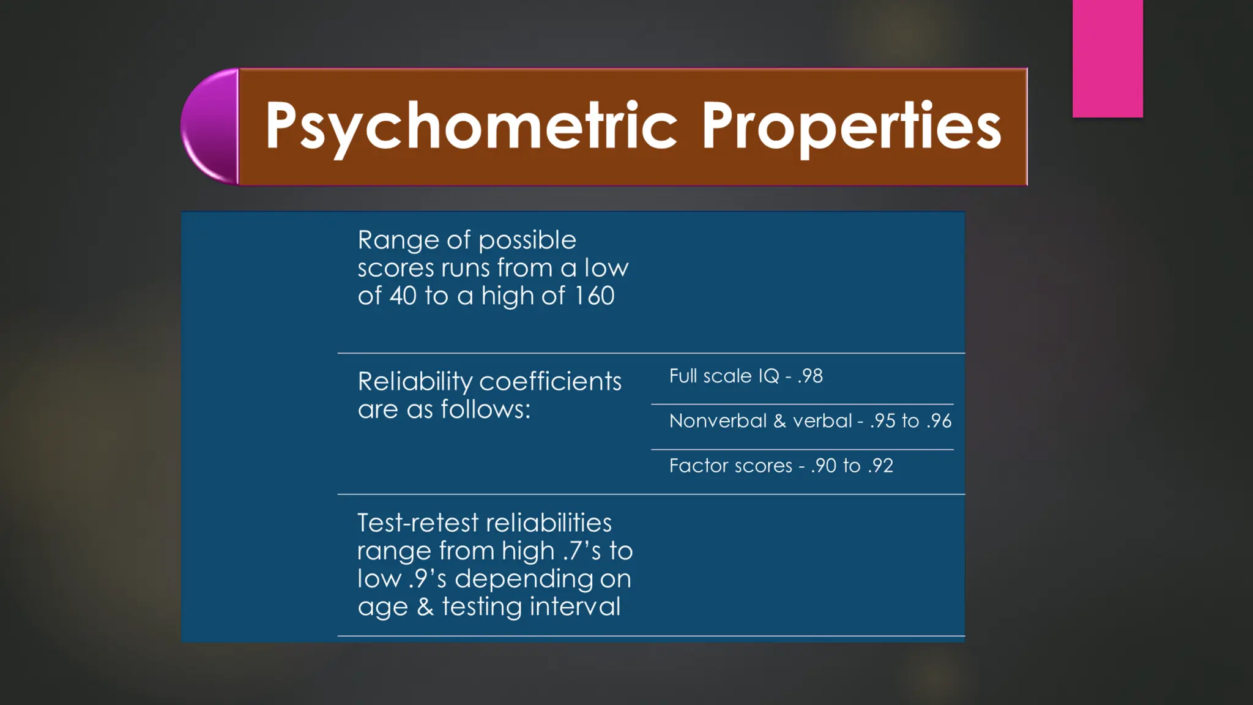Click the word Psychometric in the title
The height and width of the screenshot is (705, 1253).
[x=471, y=127]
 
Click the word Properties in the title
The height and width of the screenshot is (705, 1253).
[x=851, y=127]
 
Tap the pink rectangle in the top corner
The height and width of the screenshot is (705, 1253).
[x=1107, y=58]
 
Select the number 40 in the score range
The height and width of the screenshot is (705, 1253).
[x=403, y=296]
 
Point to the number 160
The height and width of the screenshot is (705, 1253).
[x=594, y=296]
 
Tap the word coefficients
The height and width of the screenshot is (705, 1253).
[x=550, y=382]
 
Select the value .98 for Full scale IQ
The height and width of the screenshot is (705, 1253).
[x=810, y=376]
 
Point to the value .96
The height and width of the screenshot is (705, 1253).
[x=939, y=421]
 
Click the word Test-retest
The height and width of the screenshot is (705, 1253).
[x=418, y=523]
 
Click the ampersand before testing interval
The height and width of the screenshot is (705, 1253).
[x=425, y=607]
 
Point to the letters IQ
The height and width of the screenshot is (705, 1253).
[x=768, y=376]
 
